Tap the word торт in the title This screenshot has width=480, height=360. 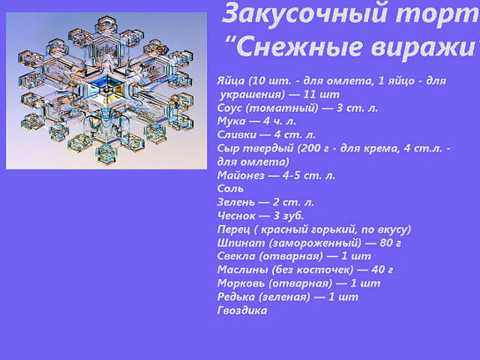click(439, 13)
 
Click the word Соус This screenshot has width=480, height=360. click(230, 109)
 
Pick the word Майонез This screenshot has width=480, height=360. click(238, 175)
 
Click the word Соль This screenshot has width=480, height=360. click(230, 189)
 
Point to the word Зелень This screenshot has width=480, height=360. click(235, 202)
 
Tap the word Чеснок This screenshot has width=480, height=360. click(235, 215)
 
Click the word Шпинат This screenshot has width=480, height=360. click(236, 242)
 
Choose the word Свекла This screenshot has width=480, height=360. click(235, 256)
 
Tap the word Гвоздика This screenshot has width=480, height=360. click(241, 311)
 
